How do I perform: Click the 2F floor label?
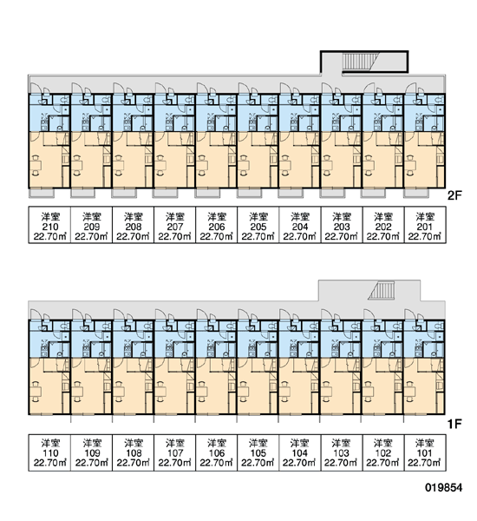pyautogui.click(x=454, y=195)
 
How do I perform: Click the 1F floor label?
pyautogui.click(x=454, y=424)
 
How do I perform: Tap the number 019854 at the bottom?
pyautogui.click(x=444, y=488)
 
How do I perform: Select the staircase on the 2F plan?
pyautogui.click(x=358, y=62)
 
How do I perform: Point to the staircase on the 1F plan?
pyautogui.click(x=382, y=291)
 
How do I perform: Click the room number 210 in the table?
pyautogui.click(x=50, y=227)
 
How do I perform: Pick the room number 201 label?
pyautogui.click(x=425, y=227)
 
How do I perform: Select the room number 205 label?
pyautogui.click(x=258, y=227)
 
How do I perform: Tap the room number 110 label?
pyautogui.click(x=50, y=453)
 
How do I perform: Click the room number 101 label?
pyautogui.click(x=425, y=453)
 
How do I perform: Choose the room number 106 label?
pyautogui.click(x=217, y=453)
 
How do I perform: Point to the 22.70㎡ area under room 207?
pyautogui.click(x=175, y=236)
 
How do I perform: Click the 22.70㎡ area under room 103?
pyautogui.click(x=341, y=463)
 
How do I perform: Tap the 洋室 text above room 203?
pyautogui.click(x=342, y=217)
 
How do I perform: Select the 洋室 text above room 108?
pyautogui.click(x=134, y=443)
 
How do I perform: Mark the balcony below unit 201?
pyautogui.click(x=415, y=193)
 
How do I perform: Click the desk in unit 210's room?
pyautogui.click(x=36, y=165)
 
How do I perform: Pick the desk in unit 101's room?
pyautogui.click(x=410, y=391)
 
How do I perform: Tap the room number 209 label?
pyautogui.click(x=92, y=227)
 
